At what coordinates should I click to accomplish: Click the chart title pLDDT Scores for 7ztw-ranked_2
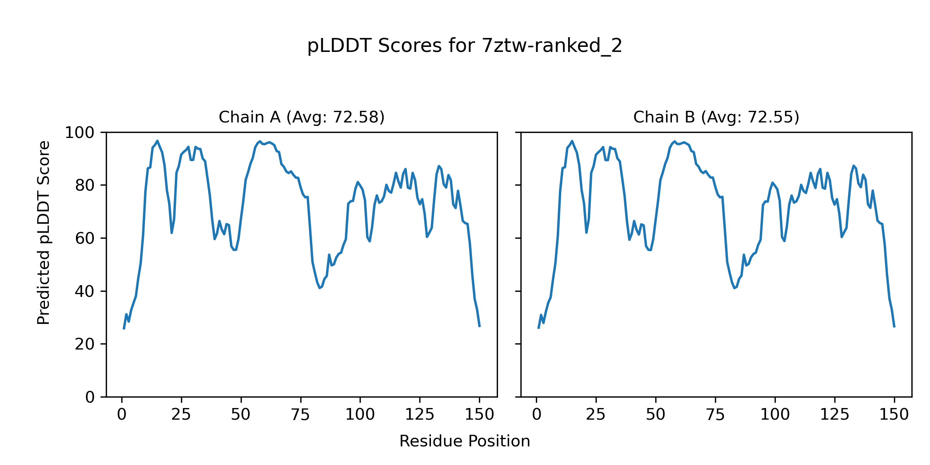(465, 46)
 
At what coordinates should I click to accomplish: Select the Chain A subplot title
(301, 117)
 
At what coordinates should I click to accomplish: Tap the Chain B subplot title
(716, 117)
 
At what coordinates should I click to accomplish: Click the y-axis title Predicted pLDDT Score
(44, 232)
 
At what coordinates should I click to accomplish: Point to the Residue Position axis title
(465, 441)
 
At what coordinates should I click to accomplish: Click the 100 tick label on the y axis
(79, 133)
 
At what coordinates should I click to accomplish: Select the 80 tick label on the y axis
(84, 186)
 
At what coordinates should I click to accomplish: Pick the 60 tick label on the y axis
(84, 238)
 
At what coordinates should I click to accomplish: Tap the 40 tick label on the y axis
(84, 291)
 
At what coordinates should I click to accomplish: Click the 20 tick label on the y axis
(84, 344)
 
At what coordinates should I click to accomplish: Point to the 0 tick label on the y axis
(90, 397)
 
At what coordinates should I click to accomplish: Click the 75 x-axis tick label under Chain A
(300, 415)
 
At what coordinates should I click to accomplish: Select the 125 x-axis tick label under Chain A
(420, 415)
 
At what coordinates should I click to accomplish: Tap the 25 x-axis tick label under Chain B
(596, 415)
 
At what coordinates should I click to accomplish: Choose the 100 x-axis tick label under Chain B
(775, 415)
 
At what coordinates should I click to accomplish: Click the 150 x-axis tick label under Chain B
(894, 415)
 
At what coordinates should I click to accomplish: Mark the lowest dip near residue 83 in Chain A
(320, 288)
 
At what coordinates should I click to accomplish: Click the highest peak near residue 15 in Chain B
(572, 141)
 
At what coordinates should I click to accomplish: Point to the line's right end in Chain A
(479, 327)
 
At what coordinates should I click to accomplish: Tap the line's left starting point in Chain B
(539, 328)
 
